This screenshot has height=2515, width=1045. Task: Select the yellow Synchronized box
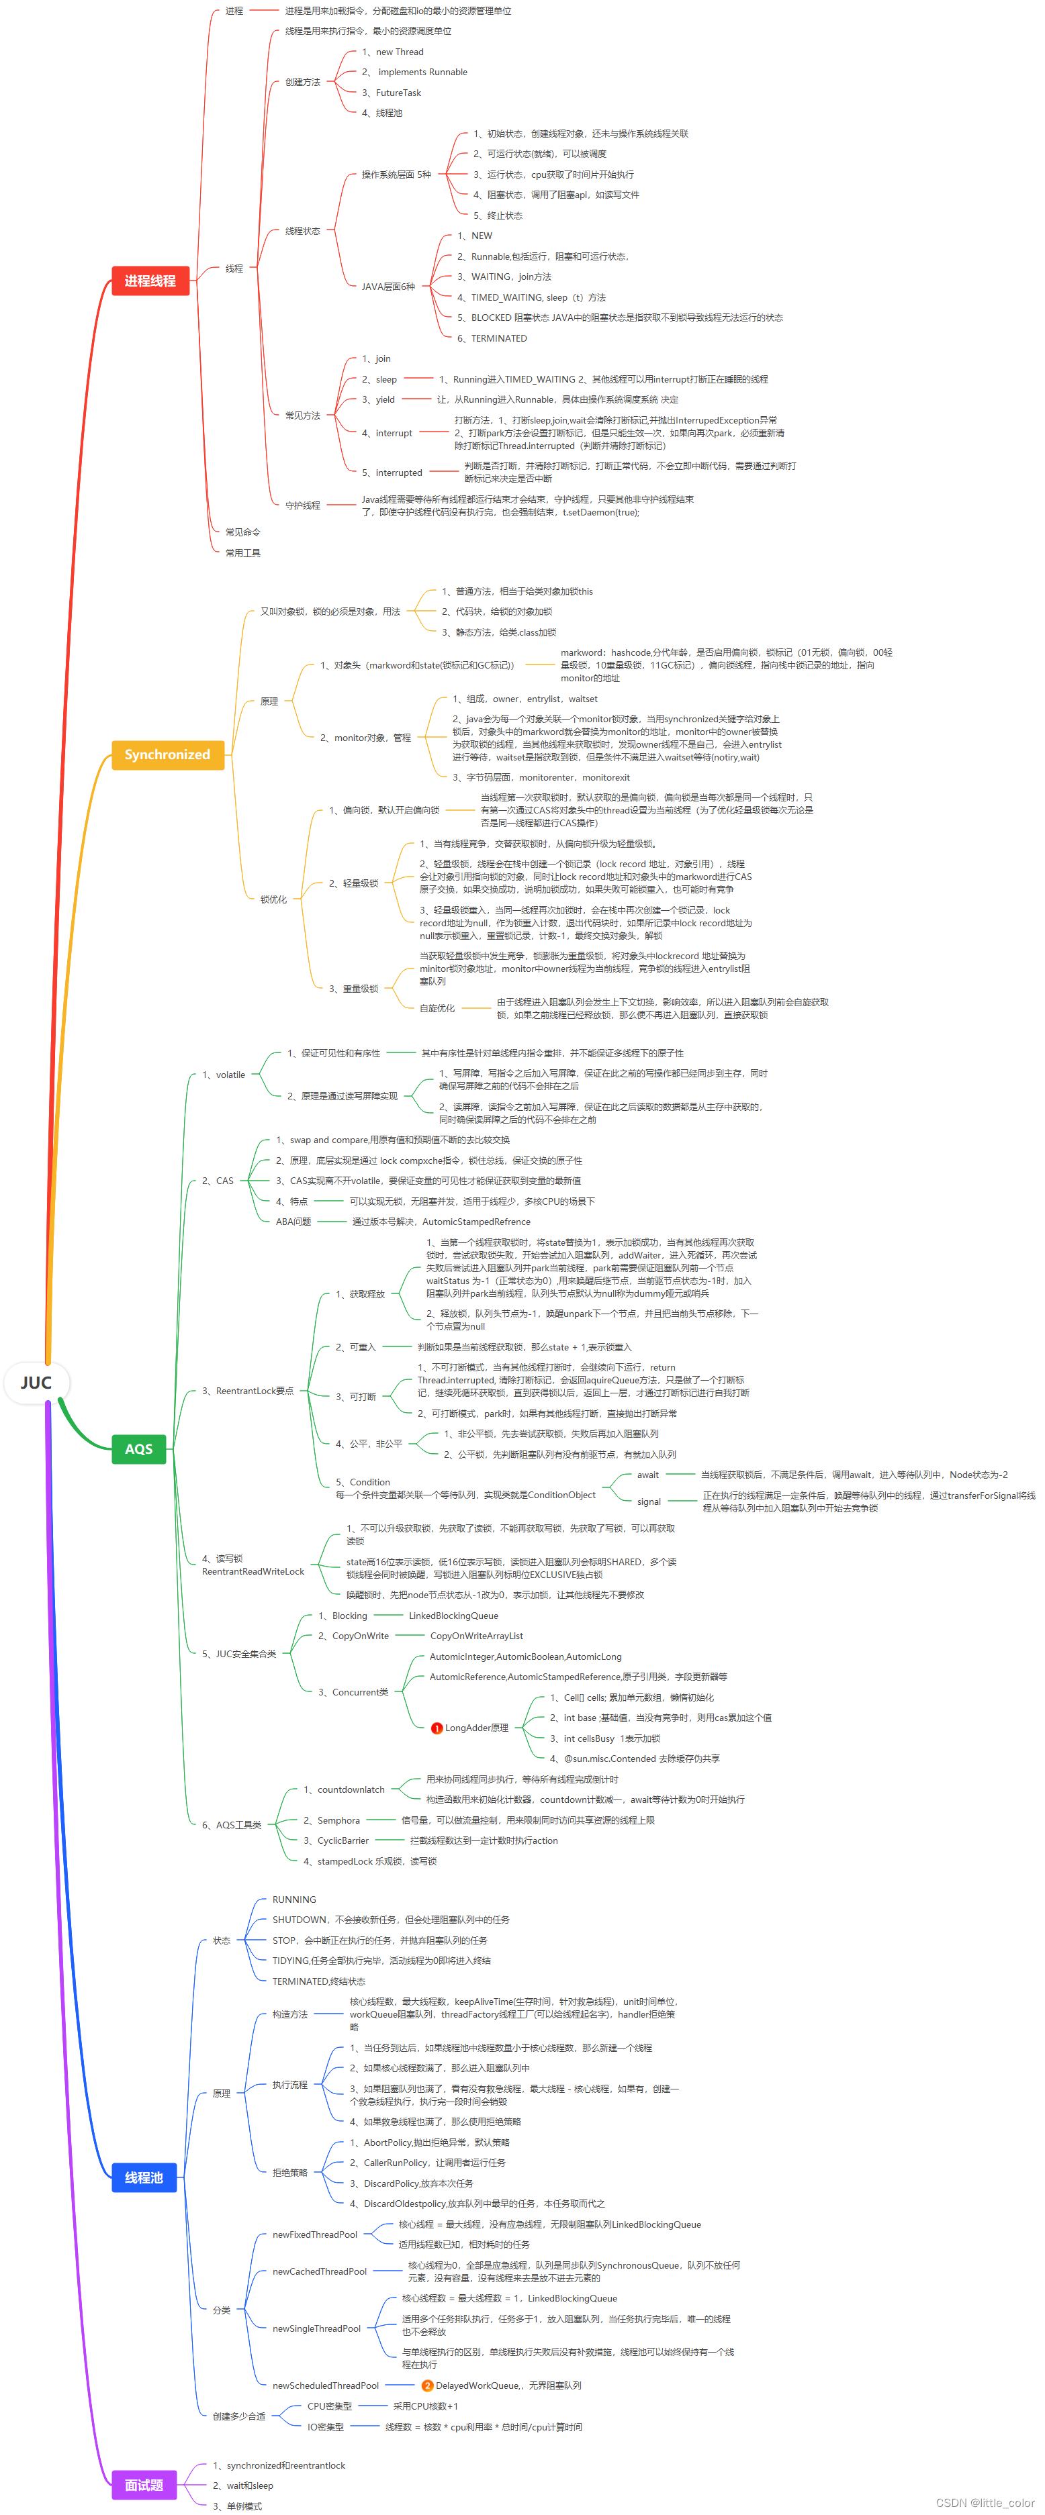[167, 754]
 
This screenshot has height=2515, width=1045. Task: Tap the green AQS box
[138, 1449]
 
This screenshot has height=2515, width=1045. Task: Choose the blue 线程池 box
[144, 2177]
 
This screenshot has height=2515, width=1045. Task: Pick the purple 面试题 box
[144, 2485]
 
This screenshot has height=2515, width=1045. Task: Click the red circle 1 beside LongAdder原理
[437, 1728]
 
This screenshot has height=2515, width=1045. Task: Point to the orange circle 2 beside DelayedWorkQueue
[426, 2385]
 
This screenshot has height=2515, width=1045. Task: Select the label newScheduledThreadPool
[325, 2385]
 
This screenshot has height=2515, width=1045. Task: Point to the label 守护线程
[303, 505]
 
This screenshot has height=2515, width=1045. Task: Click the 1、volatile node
[224, 1075]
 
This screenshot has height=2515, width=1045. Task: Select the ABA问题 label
[293, 1222]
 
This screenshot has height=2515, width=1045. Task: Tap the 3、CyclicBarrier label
[336, 1840]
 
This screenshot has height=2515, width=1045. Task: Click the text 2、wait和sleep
[243, 2485]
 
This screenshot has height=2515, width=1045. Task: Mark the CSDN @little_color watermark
[985, 2502]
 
